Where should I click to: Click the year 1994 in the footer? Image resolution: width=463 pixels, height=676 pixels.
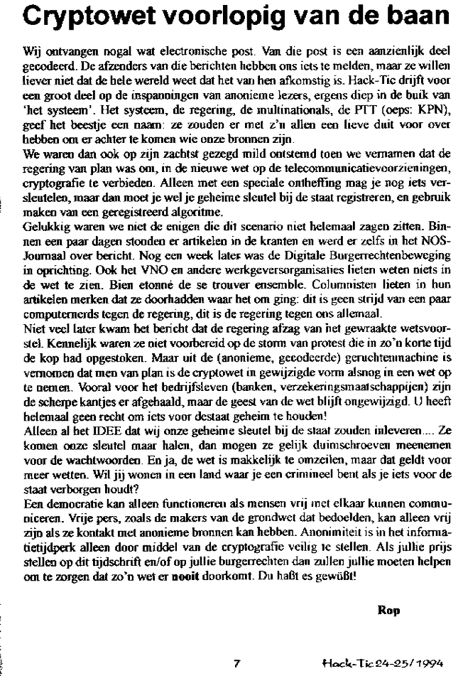coord(435,662)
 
